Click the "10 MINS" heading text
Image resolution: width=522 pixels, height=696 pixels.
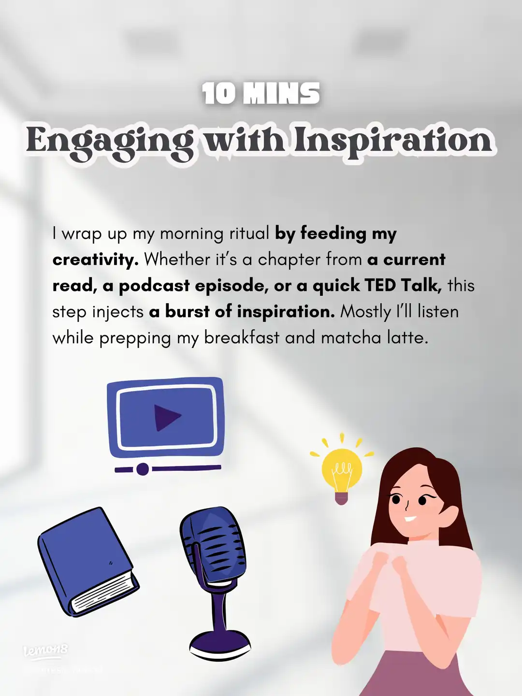pyautogui.click(x=261, y=94)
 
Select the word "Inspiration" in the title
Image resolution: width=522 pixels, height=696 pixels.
pyautogui.click(x=393, y=142)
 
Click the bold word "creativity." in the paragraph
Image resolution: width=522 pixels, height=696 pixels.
pyautogui.click(x=95, y=260)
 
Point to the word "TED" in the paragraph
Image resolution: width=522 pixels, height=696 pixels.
pyautogui.click(x=380, y=286)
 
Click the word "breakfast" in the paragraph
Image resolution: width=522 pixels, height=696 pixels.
pyautogui.click(x=242, y=337)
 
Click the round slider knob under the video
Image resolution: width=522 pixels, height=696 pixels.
pyautogui.click(x=143, y=469)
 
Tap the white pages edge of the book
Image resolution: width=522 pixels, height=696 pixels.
pyautogui.click(x=104, y=592)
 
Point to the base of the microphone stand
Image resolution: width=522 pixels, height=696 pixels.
pyautogui.click(x=220, y=645)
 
